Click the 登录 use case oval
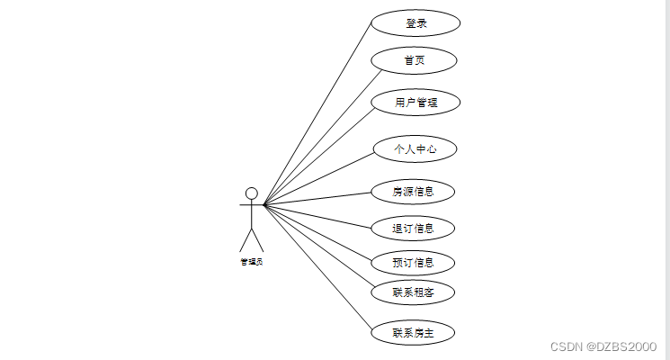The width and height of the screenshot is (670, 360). pyautogui.click(x=415, y=23)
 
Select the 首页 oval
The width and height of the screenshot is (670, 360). pyautogui.click(x=415, y=60)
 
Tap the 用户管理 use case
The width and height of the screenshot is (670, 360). pyautogui.click(x=415, y=102)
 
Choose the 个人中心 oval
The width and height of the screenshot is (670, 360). pyautogui.click(x=415, y=148)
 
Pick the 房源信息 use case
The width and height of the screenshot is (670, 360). pyautogui.click(x=413, y=191)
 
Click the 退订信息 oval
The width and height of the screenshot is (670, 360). pyautogui.click(x=413, y=228)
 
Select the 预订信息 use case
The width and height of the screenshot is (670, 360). pyautogui.click(x=413, y=263)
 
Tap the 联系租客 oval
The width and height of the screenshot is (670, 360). pyautogui.click(x=413, y=292)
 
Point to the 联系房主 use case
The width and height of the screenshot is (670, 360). pyautogui.click(x=413, y=332)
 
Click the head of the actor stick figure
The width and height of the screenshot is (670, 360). pyautogui.click(x=252, y=193)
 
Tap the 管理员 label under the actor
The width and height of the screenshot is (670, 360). pyautogui.click(x=252, y=262)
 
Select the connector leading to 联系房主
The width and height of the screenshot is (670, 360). pyautogui.click(x=317, y=268)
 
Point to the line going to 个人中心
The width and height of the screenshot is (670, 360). pyautogui.click(x=317, y=178)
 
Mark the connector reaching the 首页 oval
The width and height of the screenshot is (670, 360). pyautogui.click(x=317, y=133)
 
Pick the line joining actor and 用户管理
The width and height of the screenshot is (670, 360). pyautogui.click(x=317, y=154)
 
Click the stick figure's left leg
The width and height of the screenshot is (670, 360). pyautogui.click(x=246, y=240)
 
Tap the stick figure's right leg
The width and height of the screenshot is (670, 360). pyautogui.click(x=258, y=240)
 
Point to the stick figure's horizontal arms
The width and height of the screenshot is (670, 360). pyautogui.click(x=251, y=205)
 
